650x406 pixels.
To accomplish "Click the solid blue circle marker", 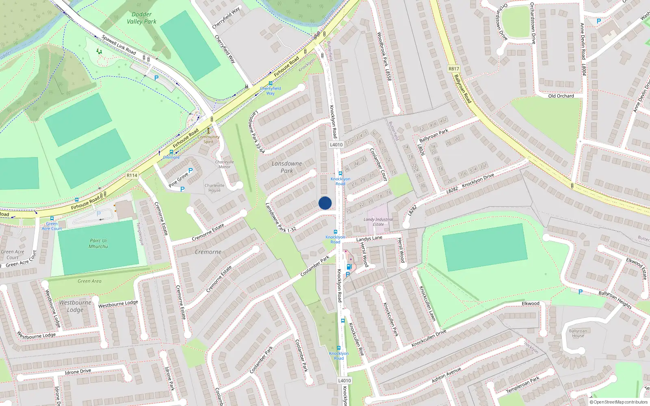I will click(x=325, y=203).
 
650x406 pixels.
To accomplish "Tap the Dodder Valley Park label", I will click(x=141, y=18).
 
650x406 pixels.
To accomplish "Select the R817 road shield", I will click(x=454, y=69).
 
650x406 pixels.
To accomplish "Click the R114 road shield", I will click(x=132, y=175).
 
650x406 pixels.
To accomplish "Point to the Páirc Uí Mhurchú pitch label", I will click(x=98, y=243).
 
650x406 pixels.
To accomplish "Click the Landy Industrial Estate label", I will click(x=378, y=222).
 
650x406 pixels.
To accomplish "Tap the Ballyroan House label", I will click(x=578, y=333).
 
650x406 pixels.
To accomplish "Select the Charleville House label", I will click(x=214, y=188).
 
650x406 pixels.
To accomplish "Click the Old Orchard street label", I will click(x=561, y=96).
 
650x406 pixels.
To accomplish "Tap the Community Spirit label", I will click(x=208, y=139).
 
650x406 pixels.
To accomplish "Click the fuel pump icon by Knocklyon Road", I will click(x=349, y=267).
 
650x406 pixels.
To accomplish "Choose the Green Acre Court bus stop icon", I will click(x=52, y=218).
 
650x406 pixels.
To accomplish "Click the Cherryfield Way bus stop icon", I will click(x=271, y=83).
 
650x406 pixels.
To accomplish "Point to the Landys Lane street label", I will click(x=369, y=238).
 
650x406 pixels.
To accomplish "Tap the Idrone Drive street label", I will click(x=78, y=371).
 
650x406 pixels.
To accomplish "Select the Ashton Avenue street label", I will click(x=446, y=375).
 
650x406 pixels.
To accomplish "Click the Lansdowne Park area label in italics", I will click(x=287, y=167).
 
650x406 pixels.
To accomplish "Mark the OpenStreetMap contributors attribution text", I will click(x=619, y=402).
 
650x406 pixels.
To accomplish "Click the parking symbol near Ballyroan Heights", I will click(x=580, y=292).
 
